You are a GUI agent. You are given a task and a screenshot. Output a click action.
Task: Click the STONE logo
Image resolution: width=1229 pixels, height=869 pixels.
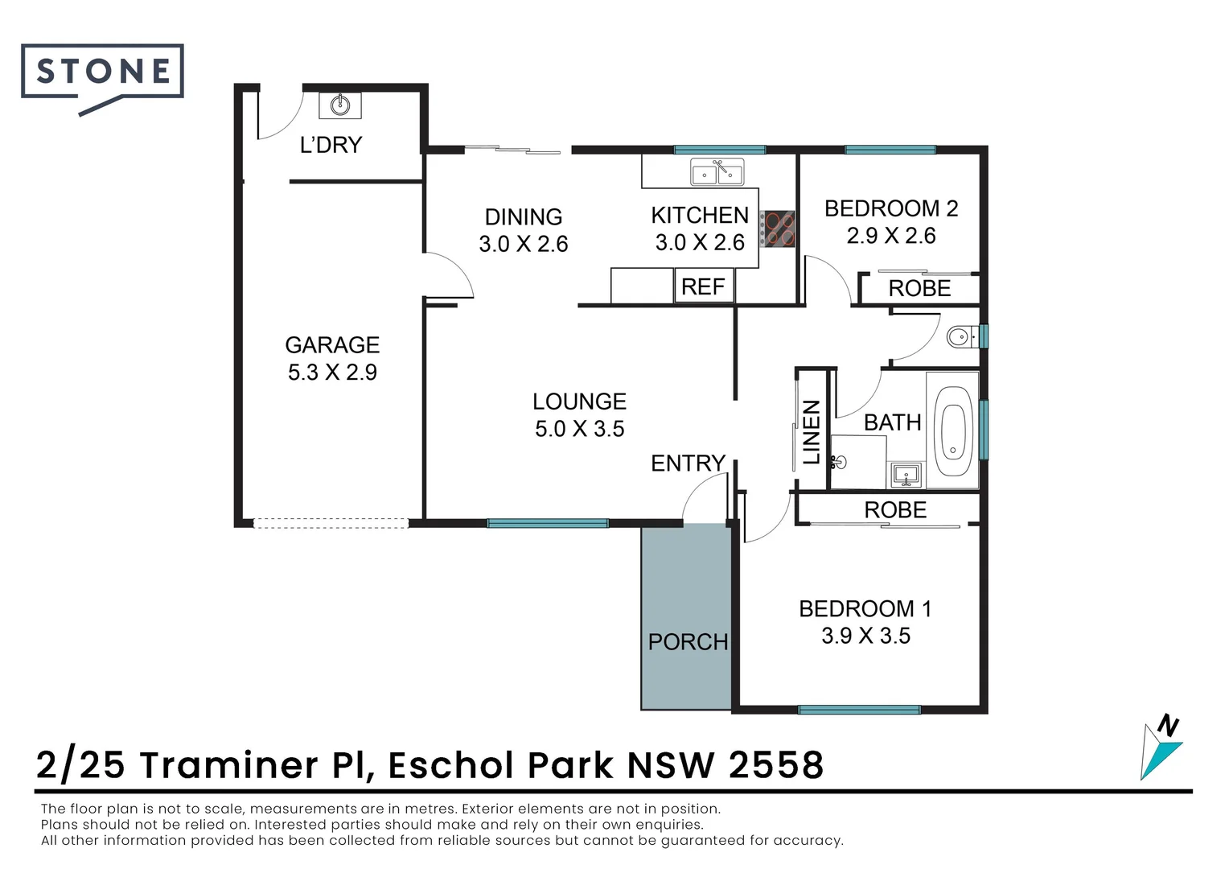click(x=103, y=72)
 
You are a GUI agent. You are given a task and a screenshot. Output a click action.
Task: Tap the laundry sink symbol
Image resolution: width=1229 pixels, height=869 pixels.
click(x=339, y=105)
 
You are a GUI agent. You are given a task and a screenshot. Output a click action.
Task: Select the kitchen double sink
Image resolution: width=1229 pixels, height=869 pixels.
click(x=717, y=172)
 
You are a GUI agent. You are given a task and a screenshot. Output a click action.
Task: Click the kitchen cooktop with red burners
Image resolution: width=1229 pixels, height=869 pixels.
click(x=779, y=228)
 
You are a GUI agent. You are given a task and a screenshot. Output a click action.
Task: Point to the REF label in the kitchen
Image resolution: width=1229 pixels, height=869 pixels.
click(x=703, y=286)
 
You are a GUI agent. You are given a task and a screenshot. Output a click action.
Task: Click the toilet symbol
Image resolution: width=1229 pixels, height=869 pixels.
click(x=960, y=336)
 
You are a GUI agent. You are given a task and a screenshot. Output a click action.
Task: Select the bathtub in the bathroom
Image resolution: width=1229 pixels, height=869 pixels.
click(x=953, y=431)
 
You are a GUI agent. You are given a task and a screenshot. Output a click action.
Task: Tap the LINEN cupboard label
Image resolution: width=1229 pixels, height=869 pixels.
click(x=812, y=432)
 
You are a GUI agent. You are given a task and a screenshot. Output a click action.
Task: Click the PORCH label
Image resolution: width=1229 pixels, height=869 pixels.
click(x=688, y=642)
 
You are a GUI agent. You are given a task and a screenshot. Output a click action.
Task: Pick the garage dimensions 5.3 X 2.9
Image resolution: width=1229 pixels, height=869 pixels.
click(x=332, y=372)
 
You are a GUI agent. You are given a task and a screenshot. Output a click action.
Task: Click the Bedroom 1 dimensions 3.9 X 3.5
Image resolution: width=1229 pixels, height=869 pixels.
click(x=865, y=636)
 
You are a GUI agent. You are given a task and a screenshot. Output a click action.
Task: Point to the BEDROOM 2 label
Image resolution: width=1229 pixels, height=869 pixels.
click(x=891, y=208)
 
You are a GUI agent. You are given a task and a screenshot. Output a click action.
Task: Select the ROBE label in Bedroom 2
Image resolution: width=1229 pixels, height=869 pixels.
click(x=919, y=288)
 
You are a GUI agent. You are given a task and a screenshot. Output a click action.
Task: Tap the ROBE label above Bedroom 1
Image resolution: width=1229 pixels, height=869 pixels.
click(x=895, y=510)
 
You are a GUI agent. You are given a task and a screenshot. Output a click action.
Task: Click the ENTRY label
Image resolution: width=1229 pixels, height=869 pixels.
click(x=688, y=463)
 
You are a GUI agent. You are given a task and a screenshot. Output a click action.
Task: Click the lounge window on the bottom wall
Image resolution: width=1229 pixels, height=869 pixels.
click(x=548, y=523)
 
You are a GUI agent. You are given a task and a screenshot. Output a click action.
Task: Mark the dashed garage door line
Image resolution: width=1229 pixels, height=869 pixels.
click(x=331, y=523)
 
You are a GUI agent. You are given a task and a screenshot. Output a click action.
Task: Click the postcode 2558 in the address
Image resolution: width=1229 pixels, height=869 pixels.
click(x=776, y=765)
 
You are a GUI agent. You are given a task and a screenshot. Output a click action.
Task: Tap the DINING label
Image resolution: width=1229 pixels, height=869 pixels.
click(x=523, y=217)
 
